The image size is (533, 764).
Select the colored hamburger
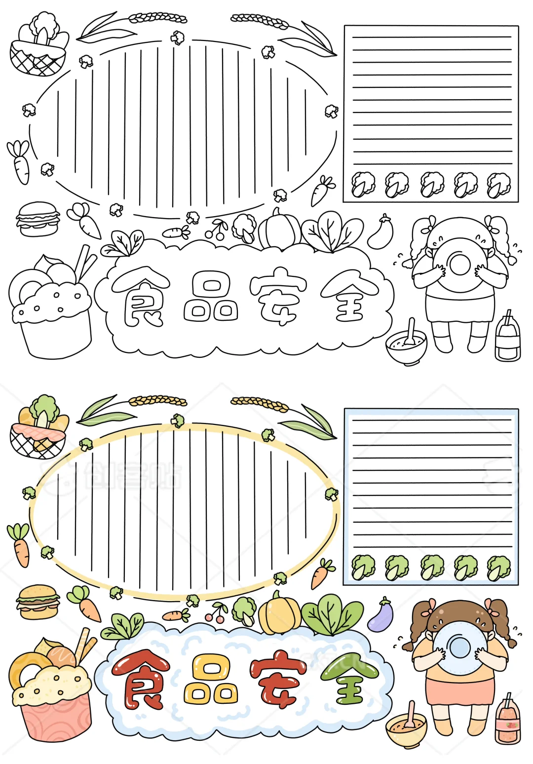(x=38, y=602)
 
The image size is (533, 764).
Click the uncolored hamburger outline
(x=38, y=219)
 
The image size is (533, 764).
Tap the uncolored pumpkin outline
(x=280, y=229)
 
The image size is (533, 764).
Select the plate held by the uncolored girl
(x=459, y=265)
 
